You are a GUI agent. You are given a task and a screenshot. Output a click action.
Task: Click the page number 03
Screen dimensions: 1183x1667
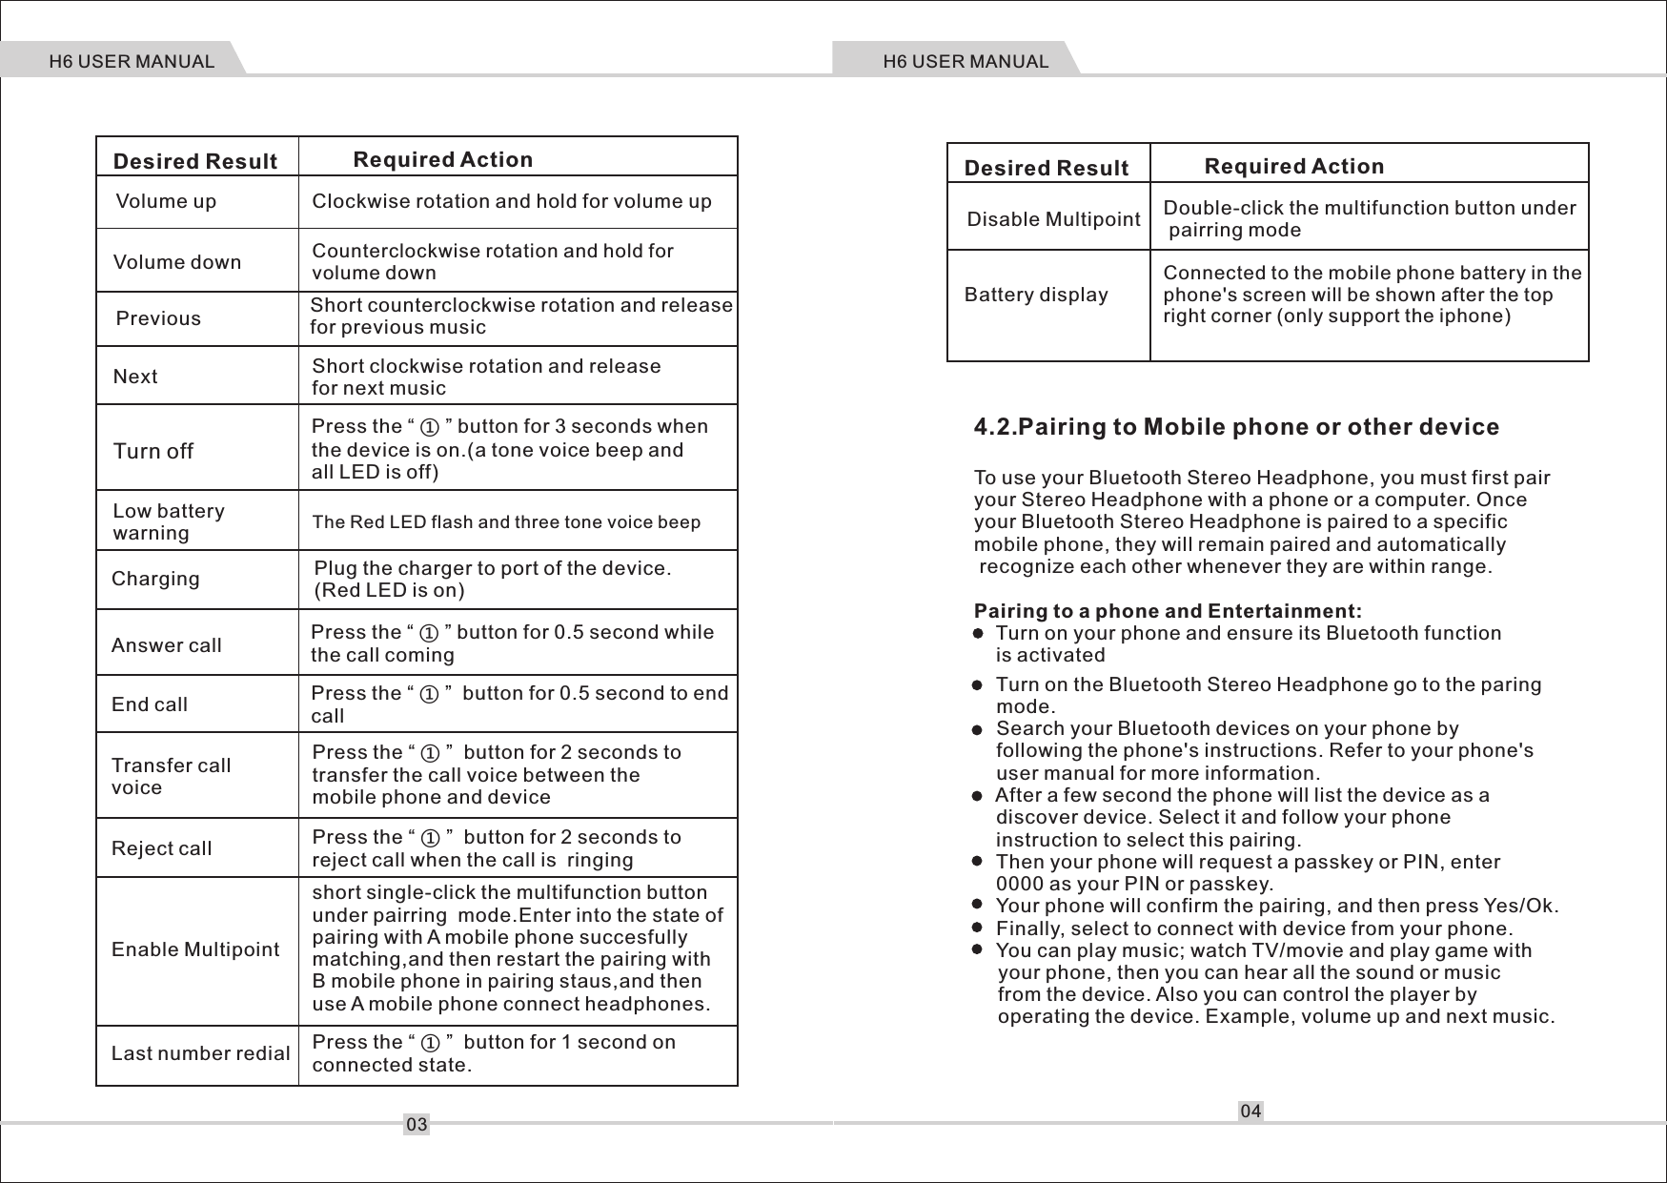[417, 1125]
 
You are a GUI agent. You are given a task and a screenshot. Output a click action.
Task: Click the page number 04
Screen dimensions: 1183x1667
[1250, 1111]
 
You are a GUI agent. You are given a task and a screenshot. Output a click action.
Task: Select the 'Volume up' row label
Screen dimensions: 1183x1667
[166, 201]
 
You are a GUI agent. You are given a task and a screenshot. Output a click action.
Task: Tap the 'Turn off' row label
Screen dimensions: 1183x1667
[153, 451]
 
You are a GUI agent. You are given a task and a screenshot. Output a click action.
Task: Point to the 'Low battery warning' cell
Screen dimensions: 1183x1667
[169, 521]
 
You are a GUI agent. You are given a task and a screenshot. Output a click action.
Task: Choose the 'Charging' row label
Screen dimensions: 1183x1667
[155, 579]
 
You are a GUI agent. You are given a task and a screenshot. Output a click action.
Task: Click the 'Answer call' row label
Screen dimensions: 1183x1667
[166, 645]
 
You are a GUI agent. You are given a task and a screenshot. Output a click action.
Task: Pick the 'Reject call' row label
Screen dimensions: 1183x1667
[161, 848]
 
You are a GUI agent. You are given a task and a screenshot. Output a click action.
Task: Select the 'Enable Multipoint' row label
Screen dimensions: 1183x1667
[195, 949]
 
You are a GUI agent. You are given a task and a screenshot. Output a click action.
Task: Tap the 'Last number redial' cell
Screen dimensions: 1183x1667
[200, 1053]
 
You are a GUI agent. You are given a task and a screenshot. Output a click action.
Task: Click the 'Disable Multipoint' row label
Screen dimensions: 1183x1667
[1053, 219]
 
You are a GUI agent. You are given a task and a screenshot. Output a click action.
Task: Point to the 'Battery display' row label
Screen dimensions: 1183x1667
[1036, 295]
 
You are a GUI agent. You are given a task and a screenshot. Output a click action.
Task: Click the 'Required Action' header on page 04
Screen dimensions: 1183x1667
[1293, 166]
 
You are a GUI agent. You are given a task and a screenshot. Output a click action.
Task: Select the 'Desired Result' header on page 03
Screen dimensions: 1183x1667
[194, 161]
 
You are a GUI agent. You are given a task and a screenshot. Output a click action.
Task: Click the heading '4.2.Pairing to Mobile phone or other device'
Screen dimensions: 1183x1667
[1236, 426]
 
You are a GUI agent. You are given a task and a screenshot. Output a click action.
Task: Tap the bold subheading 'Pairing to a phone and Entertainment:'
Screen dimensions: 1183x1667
[1168, 611]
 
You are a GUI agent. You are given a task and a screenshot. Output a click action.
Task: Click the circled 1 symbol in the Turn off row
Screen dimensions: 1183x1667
[430, 427]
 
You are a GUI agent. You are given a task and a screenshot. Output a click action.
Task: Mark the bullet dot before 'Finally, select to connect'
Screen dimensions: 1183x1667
[977, 928]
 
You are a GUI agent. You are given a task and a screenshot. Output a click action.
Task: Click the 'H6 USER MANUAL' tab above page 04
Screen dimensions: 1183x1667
[965, 62]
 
